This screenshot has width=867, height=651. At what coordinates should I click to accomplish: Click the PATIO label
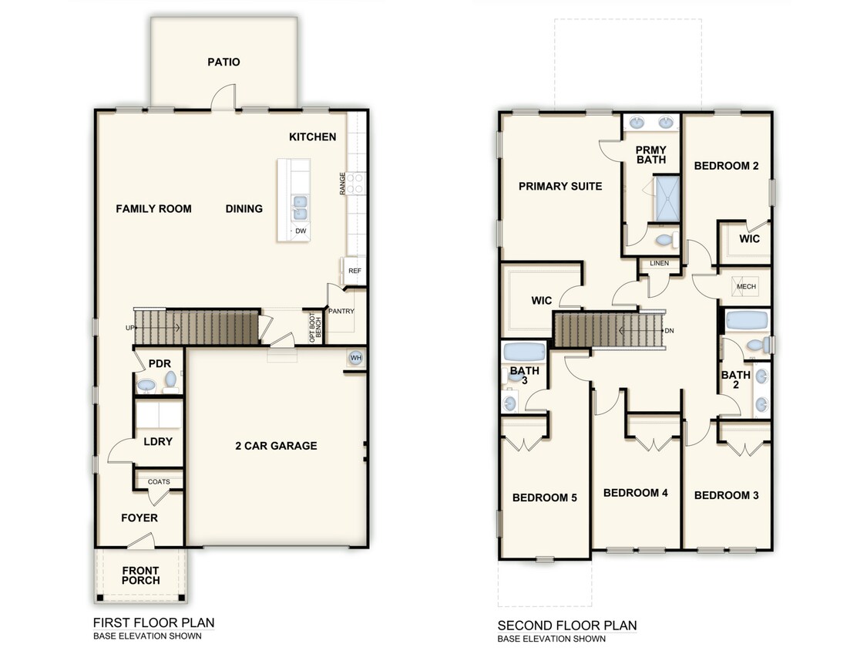(223, 62)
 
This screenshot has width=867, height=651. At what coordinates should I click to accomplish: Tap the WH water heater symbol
(355, 358)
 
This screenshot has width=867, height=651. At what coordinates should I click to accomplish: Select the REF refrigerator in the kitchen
(355, 271)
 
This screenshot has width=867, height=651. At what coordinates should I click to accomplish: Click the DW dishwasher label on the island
(301, 231)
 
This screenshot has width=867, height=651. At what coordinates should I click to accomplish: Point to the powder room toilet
(146, 383)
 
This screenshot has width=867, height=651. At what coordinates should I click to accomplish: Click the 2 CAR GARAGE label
(276, 446)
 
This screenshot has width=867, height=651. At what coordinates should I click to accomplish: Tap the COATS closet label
(159, 482)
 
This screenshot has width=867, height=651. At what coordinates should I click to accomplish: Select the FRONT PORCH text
(140, 575)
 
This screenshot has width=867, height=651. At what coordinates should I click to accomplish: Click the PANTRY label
(341, 312)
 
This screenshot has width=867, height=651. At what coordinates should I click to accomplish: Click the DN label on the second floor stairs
(670, 330)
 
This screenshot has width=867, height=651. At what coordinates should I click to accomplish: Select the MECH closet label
(746, 286)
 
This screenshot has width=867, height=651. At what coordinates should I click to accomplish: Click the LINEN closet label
(659, 264)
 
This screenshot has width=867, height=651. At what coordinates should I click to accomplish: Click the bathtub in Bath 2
(745, 320)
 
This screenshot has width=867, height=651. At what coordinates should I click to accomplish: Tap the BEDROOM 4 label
(635, 492)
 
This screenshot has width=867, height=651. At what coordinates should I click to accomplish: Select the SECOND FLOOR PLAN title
(567, 625)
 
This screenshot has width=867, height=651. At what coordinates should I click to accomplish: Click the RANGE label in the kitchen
(342, 184)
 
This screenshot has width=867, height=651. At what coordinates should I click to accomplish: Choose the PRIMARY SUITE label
(560, 186)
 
